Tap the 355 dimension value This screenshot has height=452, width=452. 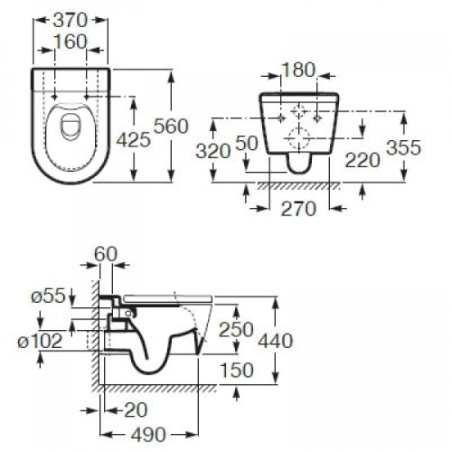(403, 149)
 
